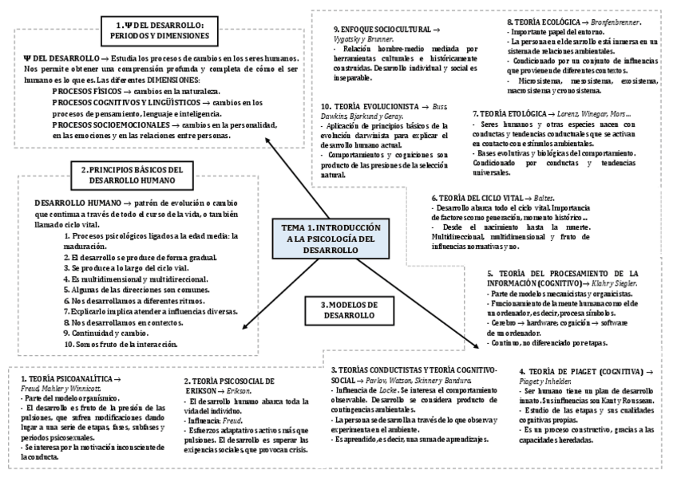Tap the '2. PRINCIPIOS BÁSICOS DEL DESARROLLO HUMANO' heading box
132,175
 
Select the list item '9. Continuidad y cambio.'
111,333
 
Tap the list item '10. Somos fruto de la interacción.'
120,344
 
